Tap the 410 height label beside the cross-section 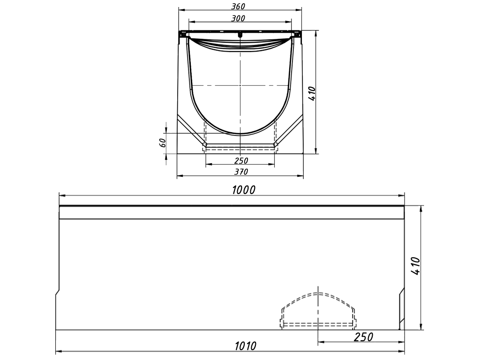(313, 94)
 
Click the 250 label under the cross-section (240, 160)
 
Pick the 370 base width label (240, 172)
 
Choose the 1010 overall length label (245, 346)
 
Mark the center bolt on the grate (240, 35)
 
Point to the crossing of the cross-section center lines (240, 86)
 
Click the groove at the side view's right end (402, 309)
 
